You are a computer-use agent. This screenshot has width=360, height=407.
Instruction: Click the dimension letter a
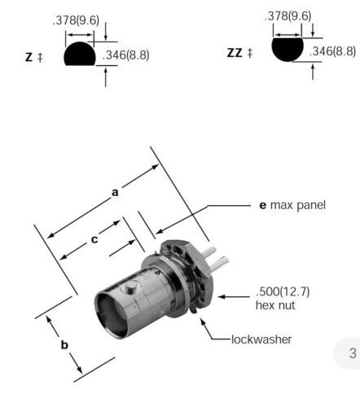(x=115, y=192)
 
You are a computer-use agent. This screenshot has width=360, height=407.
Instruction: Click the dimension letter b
(x=64, y=344)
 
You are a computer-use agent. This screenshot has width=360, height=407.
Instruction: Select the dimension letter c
(x=94, y=239)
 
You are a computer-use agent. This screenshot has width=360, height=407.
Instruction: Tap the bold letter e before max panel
(x=263, y=205)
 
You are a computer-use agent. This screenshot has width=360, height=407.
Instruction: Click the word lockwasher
(x=261, y=339)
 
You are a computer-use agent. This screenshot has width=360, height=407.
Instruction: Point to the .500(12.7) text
(x=283, y=291)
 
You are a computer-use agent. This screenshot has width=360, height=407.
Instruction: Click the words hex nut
(x=275, y=305)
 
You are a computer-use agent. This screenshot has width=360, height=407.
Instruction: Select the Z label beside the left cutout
(x=29, y=57)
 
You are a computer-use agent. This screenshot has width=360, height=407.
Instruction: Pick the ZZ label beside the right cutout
(x=235, y=53)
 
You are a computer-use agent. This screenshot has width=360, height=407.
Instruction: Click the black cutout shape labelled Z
(x=80, y=54)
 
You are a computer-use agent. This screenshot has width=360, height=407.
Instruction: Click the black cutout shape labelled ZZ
(x=288, y=50)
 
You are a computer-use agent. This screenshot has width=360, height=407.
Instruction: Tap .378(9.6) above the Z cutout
(x=76, y=20)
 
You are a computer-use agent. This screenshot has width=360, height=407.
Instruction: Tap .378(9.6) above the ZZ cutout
(x=288, y=16)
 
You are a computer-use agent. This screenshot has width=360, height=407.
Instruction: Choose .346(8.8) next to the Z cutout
(x=126, y=55)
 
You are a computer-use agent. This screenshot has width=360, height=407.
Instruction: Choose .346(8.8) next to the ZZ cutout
(x=332, y=51)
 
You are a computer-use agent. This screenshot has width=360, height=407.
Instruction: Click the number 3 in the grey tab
(x=353, y=353)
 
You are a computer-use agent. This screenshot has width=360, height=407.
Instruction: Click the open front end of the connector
(x=111, y=314)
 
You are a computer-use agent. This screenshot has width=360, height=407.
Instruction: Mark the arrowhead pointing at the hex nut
(x=221, y=296)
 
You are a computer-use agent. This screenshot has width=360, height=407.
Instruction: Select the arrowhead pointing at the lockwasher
(x=202, y=321)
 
